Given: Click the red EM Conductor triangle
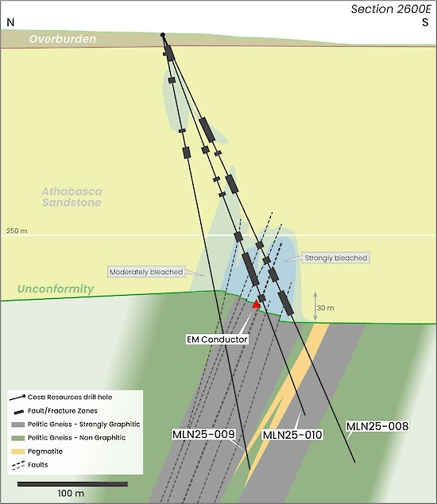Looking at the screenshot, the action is point(256,304).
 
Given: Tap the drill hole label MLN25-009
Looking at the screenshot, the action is point(203,434).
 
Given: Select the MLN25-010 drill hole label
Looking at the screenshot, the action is point(292,435).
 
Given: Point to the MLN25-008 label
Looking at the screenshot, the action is point(377,426).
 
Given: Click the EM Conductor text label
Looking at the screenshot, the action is point(217,339).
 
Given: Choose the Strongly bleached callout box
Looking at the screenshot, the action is point(336,258).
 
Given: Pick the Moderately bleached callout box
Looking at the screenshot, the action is point(146,272).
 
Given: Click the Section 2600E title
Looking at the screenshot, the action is point(390,9).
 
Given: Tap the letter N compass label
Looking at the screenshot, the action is point(10,22).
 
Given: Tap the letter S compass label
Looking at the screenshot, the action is point(425,22).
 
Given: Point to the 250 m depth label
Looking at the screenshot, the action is point(17,231).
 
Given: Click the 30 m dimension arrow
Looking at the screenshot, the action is point(315,306).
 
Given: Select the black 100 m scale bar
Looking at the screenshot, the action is point(72,484).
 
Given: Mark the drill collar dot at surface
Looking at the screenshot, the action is point(163,35).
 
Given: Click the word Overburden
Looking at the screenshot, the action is point(63,39).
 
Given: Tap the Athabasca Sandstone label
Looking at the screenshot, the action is point(72,196).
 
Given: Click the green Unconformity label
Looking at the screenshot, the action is point(56,289).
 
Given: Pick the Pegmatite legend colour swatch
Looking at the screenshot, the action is point(18,452).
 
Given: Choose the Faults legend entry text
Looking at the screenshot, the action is point(37,465).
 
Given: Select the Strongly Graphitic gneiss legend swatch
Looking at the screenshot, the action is point(18,425).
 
